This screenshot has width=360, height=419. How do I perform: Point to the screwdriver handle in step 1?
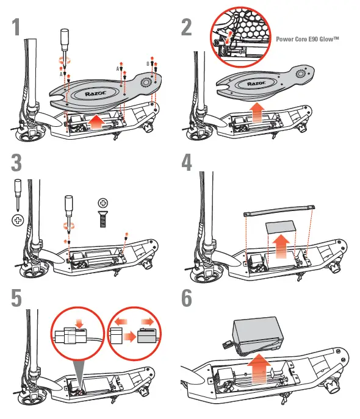(x=65, y=40)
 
